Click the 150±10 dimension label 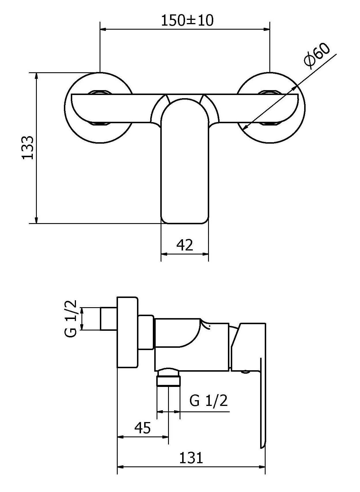pos(187,21)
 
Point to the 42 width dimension pos(184,245)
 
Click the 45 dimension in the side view pos(142,428)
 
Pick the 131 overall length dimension pos(191,458)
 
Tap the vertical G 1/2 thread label pos(70,318)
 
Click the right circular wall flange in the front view pos(270,107)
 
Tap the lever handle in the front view pos(184,161)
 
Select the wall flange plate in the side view pos(127,332)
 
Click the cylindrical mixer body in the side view pos(192,343)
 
